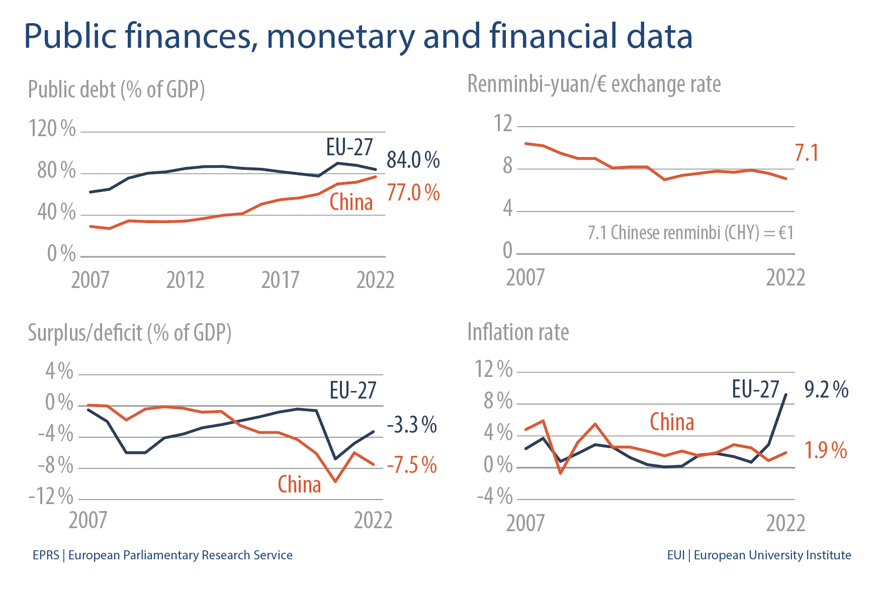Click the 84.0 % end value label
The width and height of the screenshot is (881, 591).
click(x=413, y=160)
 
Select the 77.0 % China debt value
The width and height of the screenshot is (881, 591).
click(x=413, y=193)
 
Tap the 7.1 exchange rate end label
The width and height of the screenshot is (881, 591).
click(x=807, y=153)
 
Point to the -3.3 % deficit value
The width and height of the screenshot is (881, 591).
click(x=412, y=425)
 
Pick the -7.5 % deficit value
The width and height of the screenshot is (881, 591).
click(x=412, y=465)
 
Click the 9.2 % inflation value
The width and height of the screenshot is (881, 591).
click(x=826, y=390)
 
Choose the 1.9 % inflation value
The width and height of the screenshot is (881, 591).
click(x=826, y=450)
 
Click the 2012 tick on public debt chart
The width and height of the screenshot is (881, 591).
click(x=185, y=280)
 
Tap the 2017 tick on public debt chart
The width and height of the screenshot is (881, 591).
click(x=280, y=280)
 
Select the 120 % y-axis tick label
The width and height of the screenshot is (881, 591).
click(x=52, y=129)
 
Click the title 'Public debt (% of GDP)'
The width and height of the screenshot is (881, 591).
click(x=116, y=90)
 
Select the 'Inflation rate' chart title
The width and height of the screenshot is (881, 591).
click(x=518, y=333)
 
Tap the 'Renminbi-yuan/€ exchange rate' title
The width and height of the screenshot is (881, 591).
click(x=594, y=84)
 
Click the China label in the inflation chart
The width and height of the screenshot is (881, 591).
click(x=672, y=422)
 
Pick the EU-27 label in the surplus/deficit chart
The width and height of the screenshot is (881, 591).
click(x=353, y=390)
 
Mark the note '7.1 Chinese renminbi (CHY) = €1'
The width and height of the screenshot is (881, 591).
click(x=690, y=233)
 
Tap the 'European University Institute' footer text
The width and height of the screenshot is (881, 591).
click(x=772, y=555)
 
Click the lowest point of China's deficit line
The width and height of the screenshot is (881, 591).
click(x=335, y=481)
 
